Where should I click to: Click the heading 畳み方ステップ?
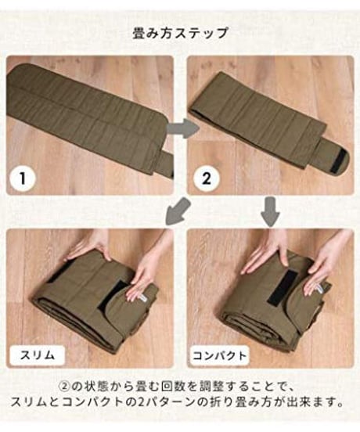(180, 34)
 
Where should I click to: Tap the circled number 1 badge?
(23, 178)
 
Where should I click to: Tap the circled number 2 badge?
(207, 178)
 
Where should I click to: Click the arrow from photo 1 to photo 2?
(183, 128)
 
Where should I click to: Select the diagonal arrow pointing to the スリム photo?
(178, 211)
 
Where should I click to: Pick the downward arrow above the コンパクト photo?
(270, 211)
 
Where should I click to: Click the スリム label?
(38, 355)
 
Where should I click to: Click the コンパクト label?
(219, 355)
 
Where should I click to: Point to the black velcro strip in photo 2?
(339, 161)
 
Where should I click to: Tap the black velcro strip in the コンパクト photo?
(279, 288)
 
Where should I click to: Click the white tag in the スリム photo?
(144, 299)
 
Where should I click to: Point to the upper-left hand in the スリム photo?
(88, 247)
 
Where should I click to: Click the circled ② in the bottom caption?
(64, 387)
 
